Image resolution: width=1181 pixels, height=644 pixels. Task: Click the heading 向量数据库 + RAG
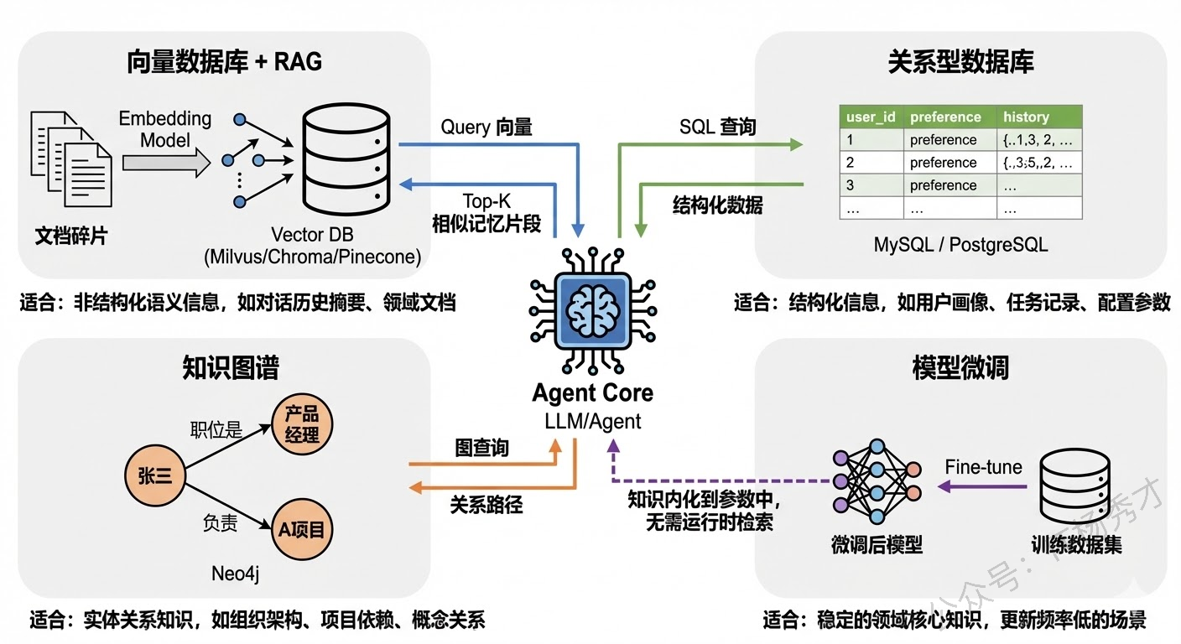coord(224,62)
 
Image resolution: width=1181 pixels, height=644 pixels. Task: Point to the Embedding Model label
coord(165,129)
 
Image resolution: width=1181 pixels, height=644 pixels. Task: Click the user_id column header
coord(871,117)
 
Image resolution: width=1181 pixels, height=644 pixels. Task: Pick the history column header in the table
coord(1026,117)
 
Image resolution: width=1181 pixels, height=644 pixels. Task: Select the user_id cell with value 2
coord(850,163)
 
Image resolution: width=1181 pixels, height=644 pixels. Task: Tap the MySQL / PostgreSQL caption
coord(960,246)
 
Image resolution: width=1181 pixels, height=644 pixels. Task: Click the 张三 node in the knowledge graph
coord(155,476)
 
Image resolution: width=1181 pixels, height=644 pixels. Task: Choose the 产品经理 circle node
coord(301,424)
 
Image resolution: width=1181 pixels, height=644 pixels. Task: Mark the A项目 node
coord(301,529)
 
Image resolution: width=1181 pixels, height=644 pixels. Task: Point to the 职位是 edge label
coord(216,430)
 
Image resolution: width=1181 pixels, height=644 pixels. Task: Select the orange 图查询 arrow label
coord(481,448)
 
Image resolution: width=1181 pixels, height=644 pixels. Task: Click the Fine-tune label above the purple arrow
coord(983,467)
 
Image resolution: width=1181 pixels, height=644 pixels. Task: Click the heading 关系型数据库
coord(960,62)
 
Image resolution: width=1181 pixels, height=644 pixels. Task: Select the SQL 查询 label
coord(717,127)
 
